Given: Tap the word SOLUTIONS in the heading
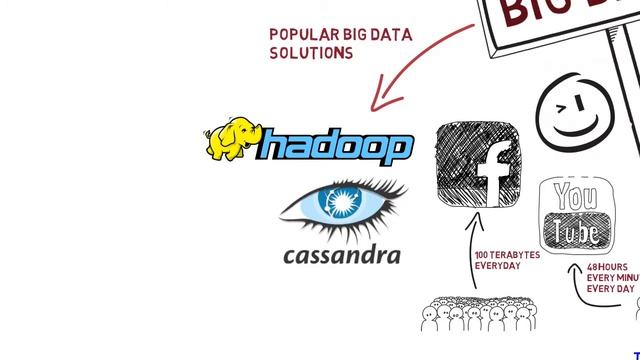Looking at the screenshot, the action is click(311, 52).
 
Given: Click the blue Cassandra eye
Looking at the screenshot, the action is click(343, 203).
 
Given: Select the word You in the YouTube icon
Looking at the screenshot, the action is click(575, 196).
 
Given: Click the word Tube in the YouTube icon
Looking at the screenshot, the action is click(576, 233).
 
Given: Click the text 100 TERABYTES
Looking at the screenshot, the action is click(507, 255).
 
